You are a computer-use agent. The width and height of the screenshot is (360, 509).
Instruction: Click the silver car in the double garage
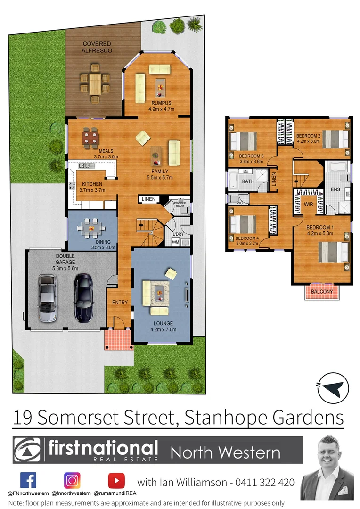pyautogui.click(x=47, y=298)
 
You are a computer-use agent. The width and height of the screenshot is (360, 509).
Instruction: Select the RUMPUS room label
pyautogui.click(x=161, y=103)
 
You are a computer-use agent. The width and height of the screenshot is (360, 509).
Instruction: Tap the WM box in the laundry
pyautogui.click(x=176, y=242)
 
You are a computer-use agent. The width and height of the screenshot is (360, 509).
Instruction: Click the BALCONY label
pyautogui.click(x=322, y=292)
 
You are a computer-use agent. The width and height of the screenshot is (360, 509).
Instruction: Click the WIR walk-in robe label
pyautogui.click(x=309, y=205)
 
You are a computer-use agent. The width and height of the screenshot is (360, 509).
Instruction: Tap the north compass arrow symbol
pyautogui.click(x=332, y=388)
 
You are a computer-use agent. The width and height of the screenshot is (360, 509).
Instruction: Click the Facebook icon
pyautogui.click(x=28, y=480)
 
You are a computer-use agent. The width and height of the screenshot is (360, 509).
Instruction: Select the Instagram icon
pyautogui.click(x=72, y=480)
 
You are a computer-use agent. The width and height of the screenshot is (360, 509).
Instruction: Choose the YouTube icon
pyautogui.click(x=116, y=480)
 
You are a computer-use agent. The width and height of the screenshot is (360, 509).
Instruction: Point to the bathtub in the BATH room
pyautogui.click(x=233, y=181)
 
